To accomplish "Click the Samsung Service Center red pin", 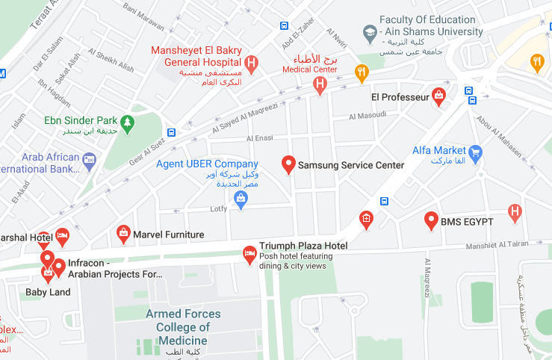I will (x=288, y=164).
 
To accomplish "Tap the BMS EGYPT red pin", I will (x=431, y=220).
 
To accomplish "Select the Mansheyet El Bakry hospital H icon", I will (x=251, y=64).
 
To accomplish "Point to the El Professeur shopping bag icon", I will (x=439, y=96).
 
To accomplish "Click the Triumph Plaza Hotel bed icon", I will (x=249, y=255).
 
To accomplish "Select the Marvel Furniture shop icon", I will (x=123, y=235).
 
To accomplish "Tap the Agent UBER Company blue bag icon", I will (x=241, y=198).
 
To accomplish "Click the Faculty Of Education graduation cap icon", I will (x=369, y=32).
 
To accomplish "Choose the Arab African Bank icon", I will (x=90, y=158).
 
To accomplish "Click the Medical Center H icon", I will (x=320, y=85).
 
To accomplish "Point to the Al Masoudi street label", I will (x=368, y=116).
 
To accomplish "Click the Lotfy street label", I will (x=218, y=209).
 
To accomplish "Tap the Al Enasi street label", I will (x=260, y=138).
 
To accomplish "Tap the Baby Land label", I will (x=48, y=292).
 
